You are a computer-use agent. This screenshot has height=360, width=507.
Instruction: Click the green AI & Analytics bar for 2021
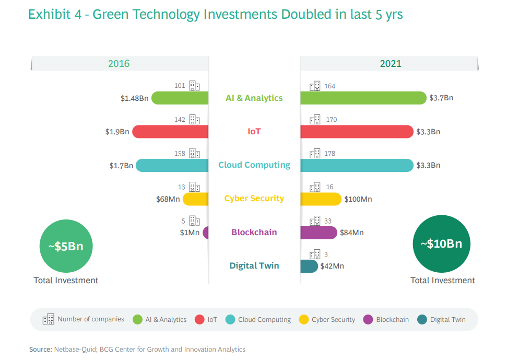pyautogui.click(x=363, y=98)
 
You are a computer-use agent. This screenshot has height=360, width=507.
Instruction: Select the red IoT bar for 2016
pyautogui.click(x=170, y=132)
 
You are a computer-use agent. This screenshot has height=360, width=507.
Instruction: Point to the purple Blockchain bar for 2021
pyautogui.click(x=318, y=233)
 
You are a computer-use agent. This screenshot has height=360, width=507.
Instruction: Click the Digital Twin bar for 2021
pyautogui.click(x=309, y=266)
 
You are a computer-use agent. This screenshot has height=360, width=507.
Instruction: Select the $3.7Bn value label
pyautogui.click(x=442, y=98)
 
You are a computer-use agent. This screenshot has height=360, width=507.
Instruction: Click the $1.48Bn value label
pyautogui.click(x=134, y=98)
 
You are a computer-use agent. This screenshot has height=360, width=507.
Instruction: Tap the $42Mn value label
pyautogui.click(x=333, y=266)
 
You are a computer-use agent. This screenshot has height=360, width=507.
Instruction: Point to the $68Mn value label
pyautogui.click(x=168, y=199)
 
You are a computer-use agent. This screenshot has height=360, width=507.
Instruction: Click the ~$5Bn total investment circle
pyautogui.click(x=66, y=247)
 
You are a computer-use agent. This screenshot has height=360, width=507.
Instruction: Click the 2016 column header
pyautogui.click(x=119, y=64)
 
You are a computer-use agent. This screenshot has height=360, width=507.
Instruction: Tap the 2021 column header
pyautogui.click(x=391, y=64)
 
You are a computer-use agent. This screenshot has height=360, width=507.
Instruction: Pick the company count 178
pyautogui.click(x=329, y=154)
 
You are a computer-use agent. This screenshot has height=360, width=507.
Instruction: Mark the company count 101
pyautogui.click(x=180, y=86)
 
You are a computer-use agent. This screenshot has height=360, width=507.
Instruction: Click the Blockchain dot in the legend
pyautogui.click(x=368, y=319)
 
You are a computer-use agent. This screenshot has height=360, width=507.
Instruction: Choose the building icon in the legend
pyautogui.click(x=48, y=319)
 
